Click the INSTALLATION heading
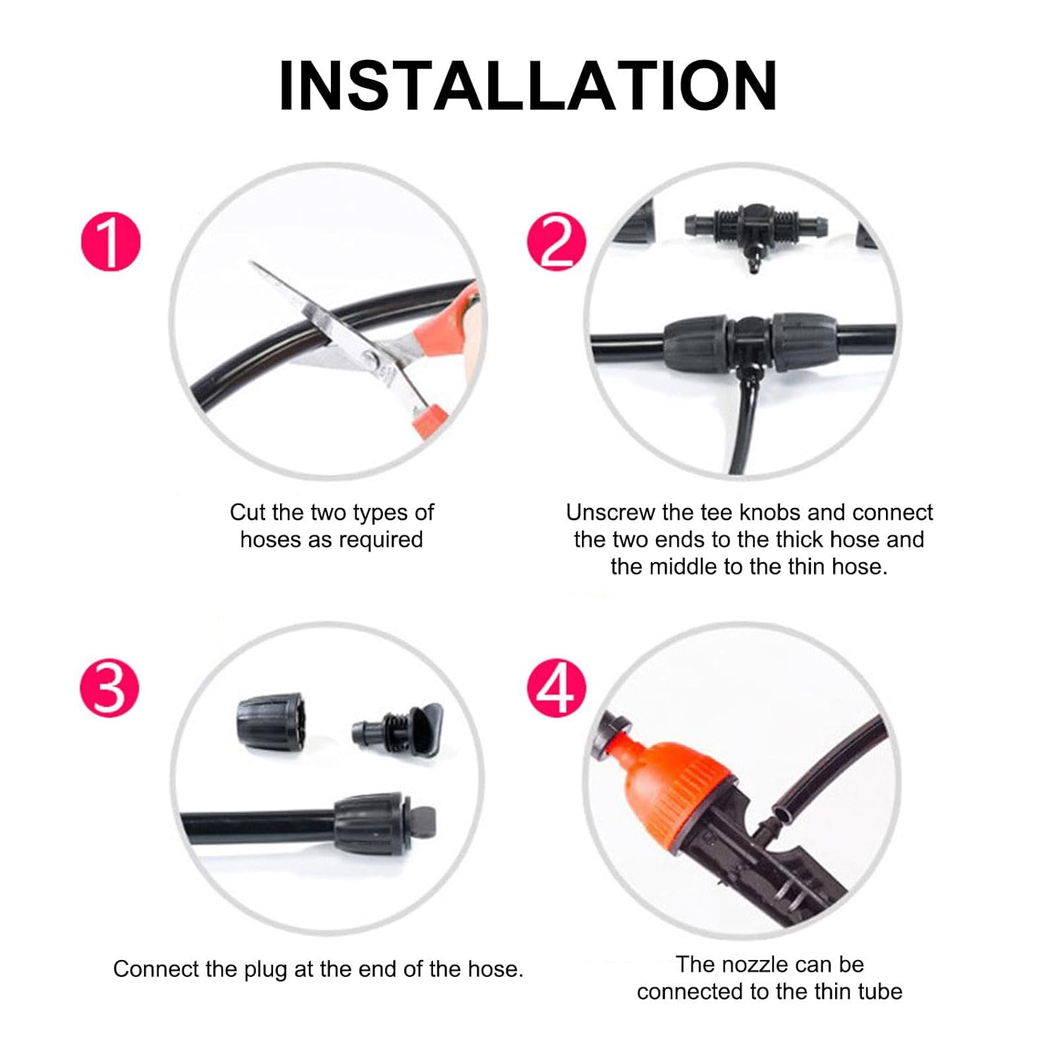[x=528, y=86]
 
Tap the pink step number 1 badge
[x=111, y=241]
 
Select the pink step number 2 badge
[x=557, y=241]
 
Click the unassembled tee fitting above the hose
[x=755, y=232]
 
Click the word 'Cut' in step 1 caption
[x=248, y=512]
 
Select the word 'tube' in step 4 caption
[x=880, y=992]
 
